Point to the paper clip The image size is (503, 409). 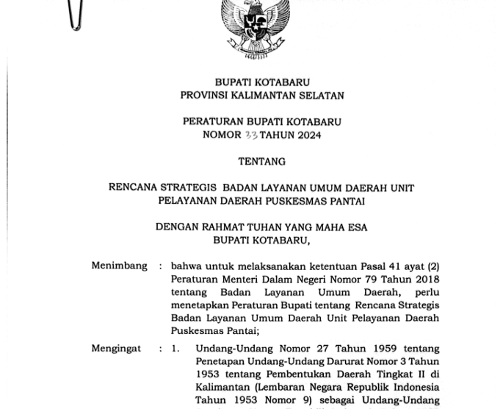[x=75, y=15]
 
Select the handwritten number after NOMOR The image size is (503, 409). [x=250, y=135]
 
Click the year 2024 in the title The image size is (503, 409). [x=307, y=135]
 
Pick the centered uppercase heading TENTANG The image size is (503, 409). [x=262, y=162]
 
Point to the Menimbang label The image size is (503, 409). [x=119, y=266]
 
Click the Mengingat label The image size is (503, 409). [x=116, y=348]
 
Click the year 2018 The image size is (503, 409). [x=424, y=280]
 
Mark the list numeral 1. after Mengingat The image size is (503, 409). [x=175, y=349]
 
